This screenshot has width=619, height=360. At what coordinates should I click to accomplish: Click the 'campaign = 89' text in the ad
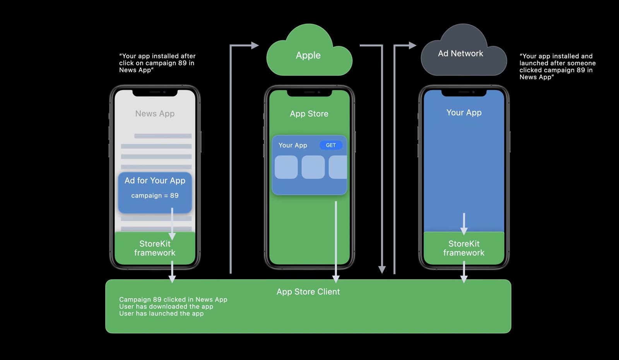pyautogui.click(x=155, y=196)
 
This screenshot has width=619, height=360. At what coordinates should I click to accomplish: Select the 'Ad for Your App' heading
pyautogui.click(x=155, y=181)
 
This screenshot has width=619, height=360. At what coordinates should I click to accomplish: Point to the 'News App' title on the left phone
pyautogui.click(x=155, y=114)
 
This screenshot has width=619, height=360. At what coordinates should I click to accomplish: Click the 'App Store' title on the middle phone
pyautogui.click(x=309, y=114)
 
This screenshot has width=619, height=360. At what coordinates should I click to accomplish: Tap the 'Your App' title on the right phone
pyautogui.click(x=464, y=113)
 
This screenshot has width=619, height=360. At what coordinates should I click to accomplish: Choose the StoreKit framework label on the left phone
pyautogui.click(x=155, y=248)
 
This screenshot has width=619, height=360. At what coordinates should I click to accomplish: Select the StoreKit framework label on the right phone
pyautogui.click(x=464, y=248)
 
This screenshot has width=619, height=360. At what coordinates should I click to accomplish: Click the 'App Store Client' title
pyautogui.click(x=308, y=292)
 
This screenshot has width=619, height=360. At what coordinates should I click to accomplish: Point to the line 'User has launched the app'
pyautogui.click(x=161, y=314)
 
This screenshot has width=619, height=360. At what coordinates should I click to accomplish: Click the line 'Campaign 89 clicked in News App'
pyautogui.click(x=173, y=300)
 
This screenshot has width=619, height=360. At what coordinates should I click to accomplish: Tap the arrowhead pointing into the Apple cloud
pyautogui.click(x=255, y=46)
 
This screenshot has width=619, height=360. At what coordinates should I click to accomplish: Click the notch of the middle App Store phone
pyautogui.click(x=309, y=93)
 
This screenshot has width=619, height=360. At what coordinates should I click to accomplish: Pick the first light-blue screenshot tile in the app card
pyautogui.click(x=286, y=167)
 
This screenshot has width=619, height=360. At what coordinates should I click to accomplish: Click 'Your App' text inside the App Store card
pyautogui.click(x=293, y=145)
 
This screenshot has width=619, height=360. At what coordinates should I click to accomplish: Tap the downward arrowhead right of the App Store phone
pyautogui.click(x=382, y=270)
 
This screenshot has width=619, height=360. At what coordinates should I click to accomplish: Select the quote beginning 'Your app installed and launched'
pyautogui.click(x=557, y=67)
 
